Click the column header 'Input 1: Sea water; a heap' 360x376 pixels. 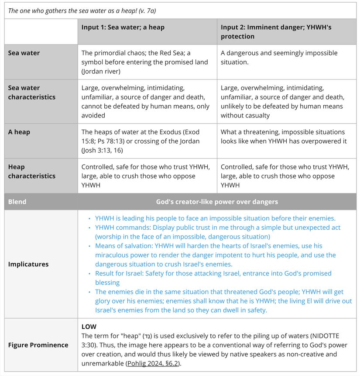123,27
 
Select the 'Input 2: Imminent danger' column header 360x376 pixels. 276,31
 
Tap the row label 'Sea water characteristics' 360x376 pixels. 32,93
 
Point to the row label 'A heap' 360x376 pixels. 19,132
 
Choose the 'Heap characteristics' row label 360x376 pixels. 32,171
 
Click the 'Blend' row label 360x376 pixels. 17,202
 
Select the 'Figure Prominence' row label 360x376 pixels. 38,345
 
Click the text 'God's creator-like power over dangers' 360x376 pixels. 217,202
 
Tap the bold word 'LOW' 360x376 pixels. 89,327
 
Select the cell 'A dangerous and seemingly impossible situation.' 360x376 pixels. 279,57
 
